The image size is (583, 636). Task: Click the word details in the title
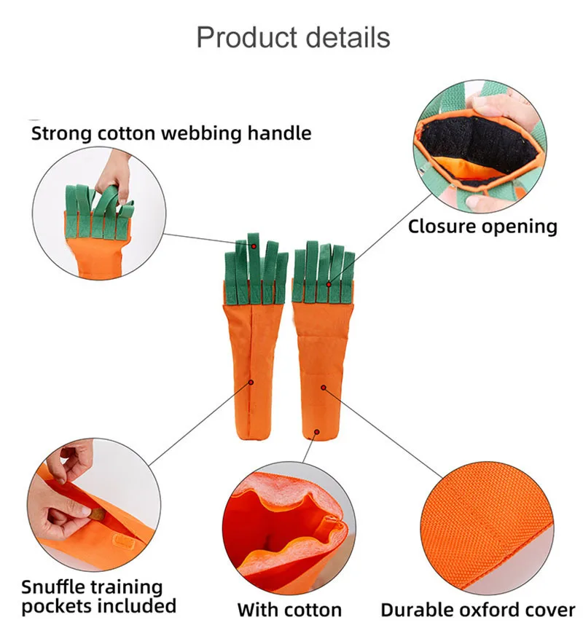[348, 36]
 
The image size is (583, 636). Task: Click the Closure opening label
[482, 226]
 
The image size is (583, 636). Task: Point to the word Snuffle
[61, 586]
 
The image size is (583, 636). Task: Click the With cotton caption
[289, 610]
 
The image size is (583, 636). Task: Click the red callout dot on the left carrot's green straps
[254, 246]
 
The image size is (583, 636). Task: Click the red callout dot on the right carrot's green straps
[329, 284]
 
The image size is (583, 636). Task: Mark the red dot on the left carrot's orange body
[251, 381]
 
